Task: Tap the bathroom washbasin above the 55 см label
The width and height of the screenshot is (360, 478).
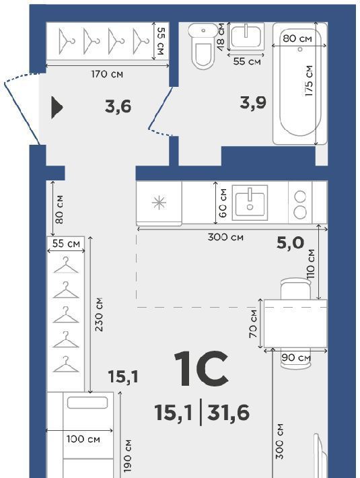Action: [x=246, y=36]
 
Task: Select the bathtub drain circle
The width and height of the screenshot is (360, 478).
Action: [x=300, y=49]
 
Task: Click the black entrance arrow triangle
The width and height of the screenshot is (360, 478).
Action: [x=57, y=107]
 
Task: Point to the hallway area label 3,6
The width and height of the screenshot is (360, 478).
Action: [x=118, y=106]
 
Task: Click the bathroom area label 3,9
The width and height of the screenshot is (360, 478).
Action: [x=253, y=103]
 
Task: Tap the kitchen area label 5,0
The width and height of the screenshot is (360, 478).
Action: [x=290, y=243]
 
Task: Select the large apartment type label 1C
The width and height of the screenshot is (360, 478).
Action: [x=201, y=368]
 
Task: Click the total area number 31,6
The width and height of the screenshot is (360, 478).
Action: [x=228, y=413]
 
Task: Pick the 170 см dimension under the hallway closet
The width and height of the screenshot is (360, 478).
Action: [x=107, y=74]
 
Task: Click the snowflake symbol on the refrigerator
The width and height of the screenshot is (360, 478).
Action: [x=159, y=203]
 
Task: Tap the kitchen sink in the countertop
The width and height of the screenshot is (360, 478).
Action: [x=250, y=203]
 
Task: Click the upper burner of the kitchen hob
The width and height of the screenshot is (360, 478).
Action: [x=300, y=197]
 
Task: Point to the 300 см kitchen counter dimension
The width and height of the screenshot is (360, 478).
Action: [x=225, y=237]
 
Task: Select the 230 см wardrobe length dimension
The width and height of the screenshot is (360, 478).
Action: [x=99, y=314]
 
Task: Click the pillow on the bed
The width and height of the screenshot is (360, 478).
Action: [x=87, y=403]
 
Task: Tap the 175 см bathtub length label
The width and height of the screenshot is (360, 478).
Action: [x=309, y=81]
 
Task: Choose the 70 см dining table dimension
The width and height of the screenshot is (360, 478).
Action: [x=253, y=323]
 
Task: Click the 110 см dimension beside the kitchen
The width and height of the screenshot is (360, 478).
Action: [x=311, y=265]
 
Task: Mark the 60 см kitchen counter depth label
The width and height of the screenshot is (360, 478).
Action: [x=223, y=203]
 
